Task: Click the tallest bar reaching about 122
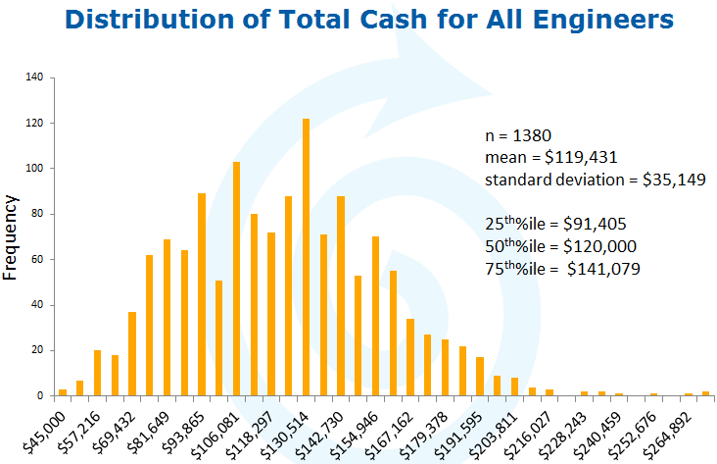(x=306, y=257)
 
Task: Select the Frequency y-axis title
(x=13, y=237)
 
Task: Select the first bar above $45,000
(x=63, y=392)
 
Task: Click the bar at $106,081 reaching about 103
(x=236, y=279)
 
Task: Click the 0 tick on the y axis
(x=38, y=396)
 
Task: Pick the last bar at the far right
(x=705, y=393)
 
